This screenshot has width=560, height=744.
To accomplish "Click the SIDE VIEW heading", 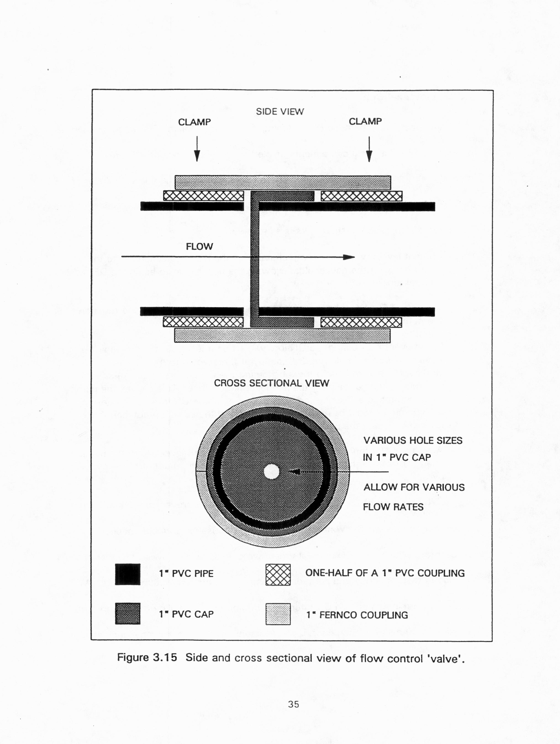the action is (x=280, y=112).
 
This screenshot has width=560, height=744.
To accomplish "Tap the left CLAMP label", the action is (x=194, y=122).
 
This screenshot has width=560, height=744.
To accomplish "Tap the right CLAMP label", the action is (x=365, y=121).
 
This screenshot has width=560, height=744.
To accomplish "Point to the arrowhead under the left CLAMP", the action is (x=197, y=156).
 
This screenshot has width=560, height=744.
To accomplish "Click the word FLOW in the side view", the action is (x=199, y=246).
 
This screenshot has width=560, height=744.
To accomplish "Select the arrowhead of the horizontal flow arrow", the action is (x=349, y=257).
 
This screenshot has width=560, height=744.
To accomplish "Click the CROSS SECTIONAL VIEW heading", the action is (x=271, y=383).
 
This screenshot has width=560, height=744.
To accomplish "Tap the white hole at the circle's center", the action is (x=272, y=471).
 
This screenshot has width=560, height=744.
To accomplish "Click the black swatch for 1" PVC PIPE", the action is (x=128, y=574).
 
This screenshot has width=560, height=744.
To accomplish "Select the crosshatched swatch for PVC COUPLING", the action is (x=278, y=575).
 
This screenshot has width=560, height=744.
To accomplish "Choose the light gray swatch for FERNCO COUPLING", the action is (x=278, y=614).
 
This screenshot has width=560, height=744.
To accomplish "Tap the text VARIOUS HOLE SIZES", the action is (x=413, y=441).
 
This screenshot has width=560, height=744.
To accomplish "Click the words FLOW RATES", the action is (x=393, y=507).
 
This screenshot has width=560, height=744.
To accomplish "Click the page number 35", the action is (x=293, y=704).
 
